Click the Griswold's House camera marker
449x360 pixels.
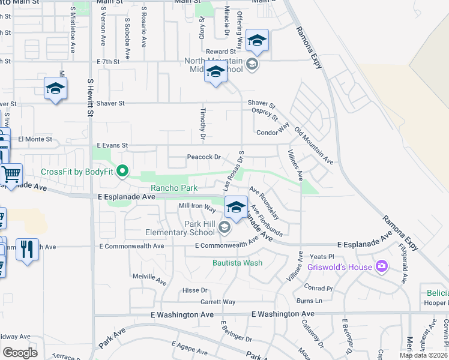tap(380, 266)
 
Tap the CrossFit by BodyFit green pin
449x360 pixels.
tap(123, 172)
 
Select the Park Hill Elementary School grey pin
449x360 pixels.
tap(224, 227)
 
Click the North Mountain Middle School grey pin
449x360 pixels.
tap(252, 64)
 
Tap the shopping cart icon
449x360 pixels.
tap(11, 175)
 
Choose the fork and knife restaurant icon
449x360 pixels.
tap(26, 249)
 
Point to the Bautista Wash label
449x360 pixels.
tap(237, 262)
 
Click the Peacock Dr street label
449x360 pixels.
tap(204, 157)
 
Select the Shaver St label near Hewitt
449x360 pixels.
tap(109, 103)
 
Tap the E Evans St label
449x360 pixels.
tap(112, 145)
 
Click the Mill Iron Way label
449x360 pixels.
tap(197, 207)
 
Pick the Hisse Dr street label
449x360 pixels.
tap(194, 290)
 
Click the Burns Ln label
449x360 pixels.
tap(309, 301)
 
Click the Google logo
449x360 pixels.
tap(20, 352)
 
